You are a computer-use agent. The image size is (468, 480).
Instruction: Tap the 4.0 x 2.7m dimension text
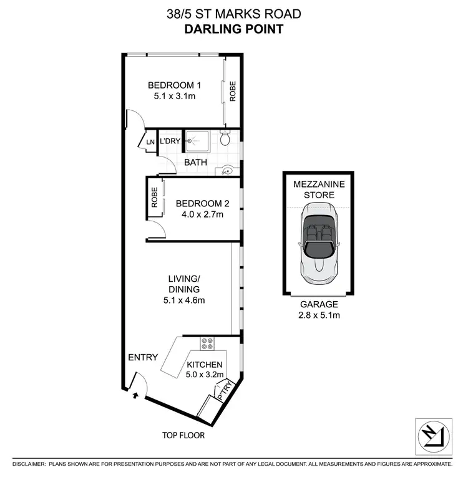pyautogui.click(x=199, y=214)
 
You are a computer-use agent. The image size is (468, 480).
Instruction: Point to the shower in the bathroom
pyautogui.click(x=198, y=142)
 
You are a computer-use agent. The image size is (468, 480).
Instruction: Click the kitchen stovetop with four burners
pyautogui.click(x=207, y=343)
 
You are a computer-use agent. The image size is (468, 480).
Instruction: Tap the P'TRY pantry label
pyautogui.click(x=224, y=390)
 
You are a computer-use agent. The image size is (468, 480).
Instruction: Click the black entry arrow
pyautogui.click(x=136, y=394)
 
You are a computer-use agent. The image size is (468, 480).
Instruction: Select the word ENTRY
pyautogui.click(x=143, y=357)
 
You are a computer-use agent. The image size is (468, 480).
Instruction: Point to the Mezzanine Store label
pyautogui.click(x=318, y=190)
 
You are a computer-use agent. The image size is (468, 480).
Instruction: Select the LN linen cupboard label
pyautogui.click(x=150, y=142)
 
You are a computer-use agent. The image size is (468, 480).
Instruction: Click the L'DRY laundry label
pyautogui.click(x=170, y=142)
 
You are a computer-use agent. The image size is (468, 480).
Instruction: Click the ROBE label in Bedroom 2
pyautogui.click(x=154, y=198)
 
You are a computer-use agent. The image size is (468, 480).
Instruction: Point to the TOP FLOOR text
pyautogui.click(x=184, y=435)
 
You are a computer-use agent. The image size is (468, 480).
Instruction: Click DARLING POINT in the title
pyautogui.click(x=234, y=28)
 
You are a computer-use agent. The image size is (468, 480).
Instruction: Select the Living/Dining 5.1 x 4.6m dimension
pyautogui.click(x=183, y=300)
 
